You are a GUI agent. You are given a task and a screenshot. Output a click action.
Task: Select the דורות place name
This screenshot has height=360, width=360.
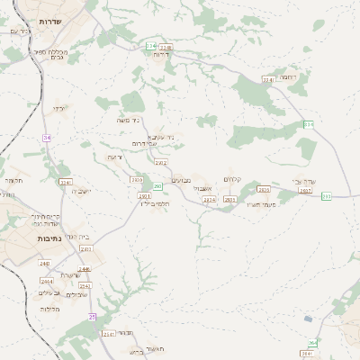pos(163,54)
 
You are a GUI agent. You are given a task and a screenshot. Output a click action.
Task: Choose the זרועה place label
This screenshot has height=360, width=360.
pos(114,157)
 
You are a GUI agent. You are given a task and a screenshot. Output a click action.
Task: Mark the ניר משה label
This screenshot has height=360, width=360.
pos(131,119)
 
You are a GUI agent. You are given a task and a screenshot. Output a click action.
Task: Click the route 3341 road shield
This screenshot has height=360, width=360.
pos(267,80)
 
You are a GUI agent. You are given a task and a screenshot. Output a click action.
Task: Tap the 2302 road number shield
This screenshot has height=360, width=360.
pos(161,162)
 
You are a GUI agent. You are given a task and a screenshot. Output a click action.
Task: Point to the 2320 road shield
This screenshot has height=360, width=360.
pos(137,179)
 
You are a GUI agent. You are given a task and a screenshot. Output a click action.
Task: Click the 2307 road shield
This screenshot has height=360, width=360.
pos(305,191)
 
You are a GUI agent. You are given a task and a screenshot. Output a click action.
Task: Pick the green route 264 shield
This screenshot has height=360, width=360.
pos(311,342)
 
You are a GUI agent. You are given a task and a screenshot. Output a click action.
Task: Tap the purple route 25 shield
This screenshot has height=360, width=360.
pos(92,316)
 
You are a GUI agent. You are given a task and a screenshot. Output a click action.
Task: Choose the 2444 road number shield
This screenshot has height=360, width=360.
pos(46,281)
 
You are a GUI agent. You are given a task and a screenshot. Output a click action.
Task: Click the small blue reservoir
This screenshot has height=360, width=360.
pos(309,319)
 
